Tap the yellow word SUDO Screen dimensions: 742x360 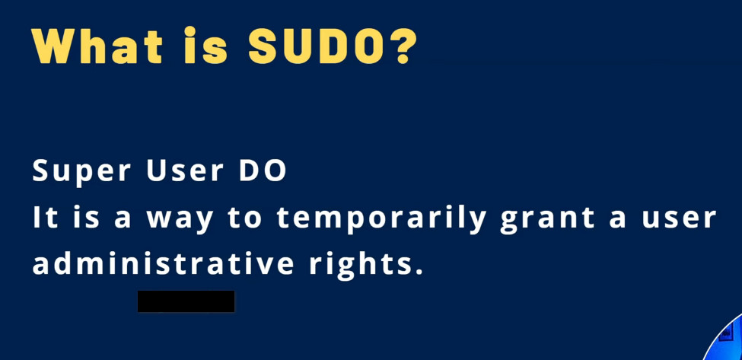[x=316, y=46]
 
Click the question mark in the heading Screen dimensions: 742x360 [x=403, y=46]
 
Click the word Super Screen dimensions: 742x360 [x=81, y=172]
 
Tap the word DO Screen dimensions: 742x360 [x=263, y=170]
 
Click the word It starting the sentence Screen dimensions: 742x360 [x=45, y=218]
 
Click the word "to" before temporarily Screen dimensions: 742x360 [x=244, y=219]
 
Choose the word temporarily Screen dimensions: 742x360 [x=381, y=220]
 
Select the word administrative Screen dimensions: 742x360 [x=163, y=263]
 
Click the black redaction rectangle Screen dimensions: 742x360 [x=186, y=301]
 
